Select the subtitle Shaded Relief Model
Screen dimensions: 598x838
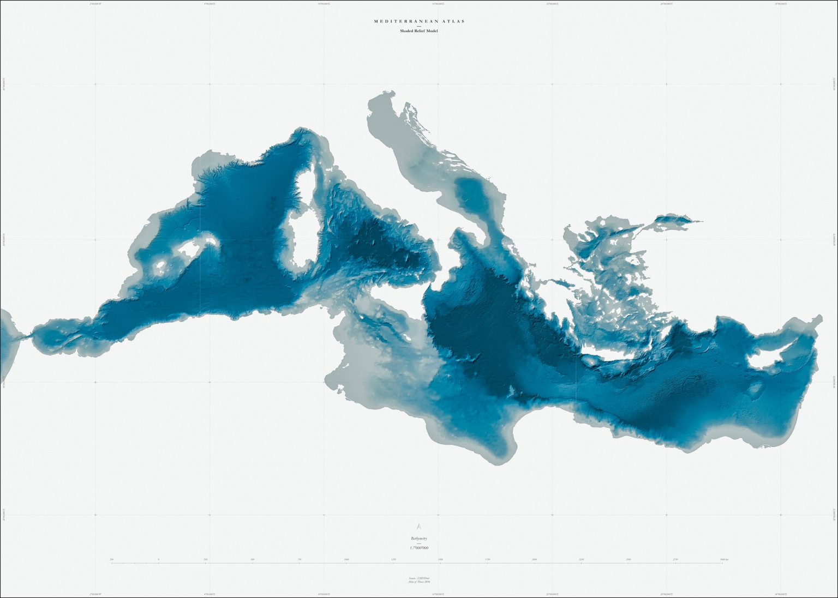click(x=418, y=31)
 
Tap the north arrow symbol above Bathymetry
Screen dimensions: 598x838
click(x=418, y=527)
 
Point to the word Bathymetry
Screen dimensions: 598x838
click(x=418, y=538)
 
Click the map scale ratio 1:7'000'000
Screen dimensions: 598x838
click(x=418, y=547)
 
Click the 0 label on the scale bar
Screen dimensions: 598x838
click(x=158, y=559)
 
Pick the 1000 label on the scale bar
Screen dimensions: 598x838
click(x=346, y=559)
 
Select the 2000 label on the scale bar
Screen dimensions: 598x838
click(x=534, y=559)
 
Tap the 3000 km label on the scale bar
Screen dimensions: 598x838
click(x=723, y=559)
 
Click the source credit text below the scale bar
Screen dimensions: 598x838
click(x=418, y=579)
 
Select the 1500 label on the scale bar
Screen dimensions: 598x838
click(x=440, y=559)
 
